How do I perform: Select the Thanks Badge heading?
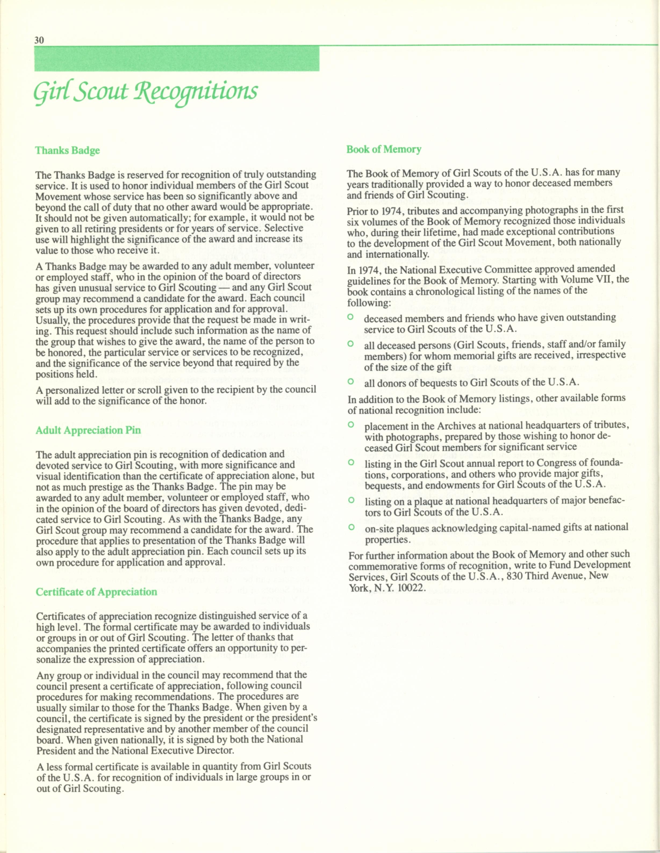68,150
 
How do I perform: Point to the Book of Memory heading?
384,149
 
